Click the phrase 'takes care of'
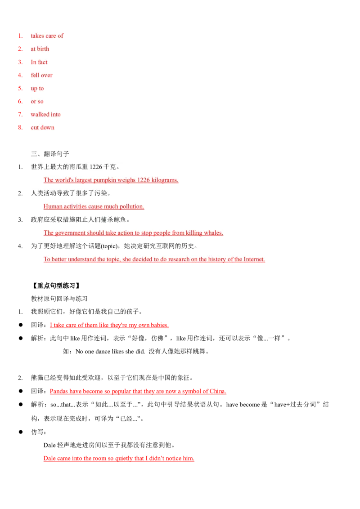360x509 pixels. pos(47,36)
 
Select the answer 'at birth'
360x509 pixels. pos(40,49)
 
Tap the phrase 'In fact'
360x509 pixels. pos(39,62)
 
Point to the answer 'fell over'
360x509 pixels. pos(42,75)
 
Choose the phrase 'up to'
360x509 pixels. pos(37,89)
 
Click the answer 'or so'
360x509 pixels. pos(37,102)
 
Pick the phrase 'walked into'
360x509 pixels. pos(45,115)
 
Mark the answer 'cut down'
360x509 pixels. pos(42,128)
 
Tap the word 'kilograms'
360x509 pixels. pos(164,180)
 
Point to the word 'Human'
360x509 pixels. pos(53,207)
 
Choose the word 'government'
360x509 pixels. pos(72,233)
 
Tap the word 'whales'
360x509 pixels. pos(213,233)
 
